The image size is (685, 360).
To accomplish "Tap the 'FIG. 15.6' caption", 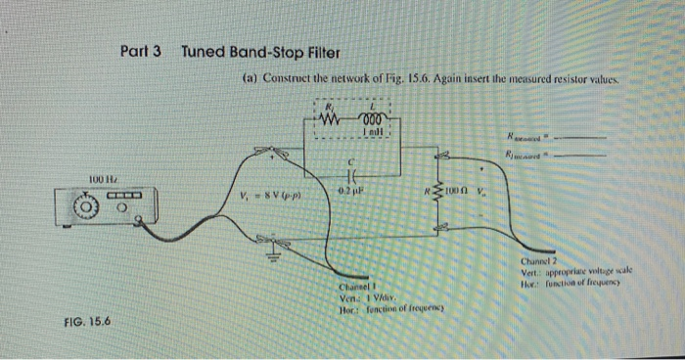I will [x=85, y=320].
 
